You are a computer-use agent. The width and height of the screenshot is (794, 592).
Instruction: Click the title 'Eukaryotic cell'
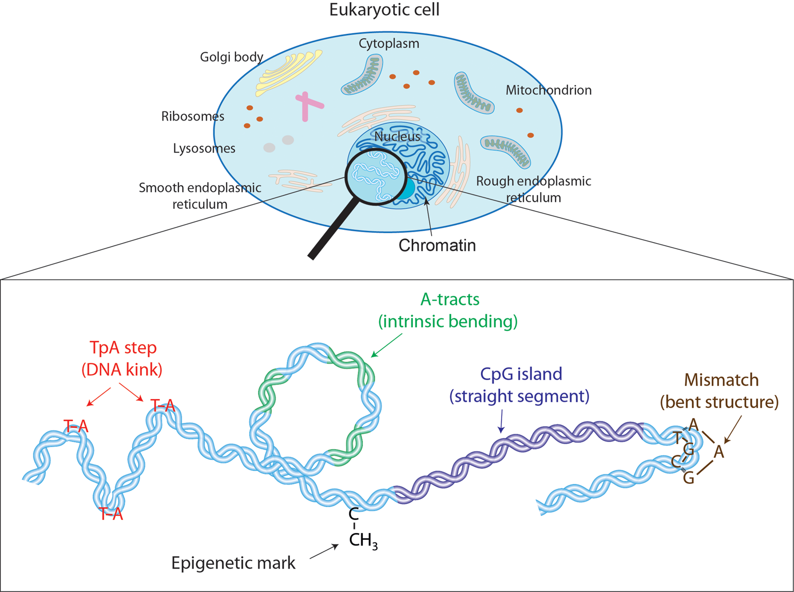point(384,10)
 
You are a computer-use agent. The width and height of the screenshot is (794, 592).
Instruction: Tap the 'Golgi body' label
point(231,57)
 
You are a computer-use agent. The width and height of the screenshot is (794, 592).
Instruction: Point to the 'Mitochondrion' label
point(548,90)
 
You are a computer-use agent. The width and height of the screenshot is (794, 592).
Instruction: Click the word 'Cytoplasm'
point(389,44)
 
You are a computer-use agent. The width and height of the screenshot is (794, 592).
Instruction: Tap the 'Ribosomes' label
point(193,117)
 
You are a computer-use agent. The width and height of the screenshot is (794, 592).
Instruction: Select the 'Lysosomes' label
point(204,148)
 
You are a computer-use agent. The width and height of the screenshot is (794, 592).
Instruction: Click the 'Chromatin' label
point(437,245)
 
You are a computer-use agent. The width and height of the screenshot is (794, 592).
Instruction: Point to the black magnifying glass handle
point(332,228)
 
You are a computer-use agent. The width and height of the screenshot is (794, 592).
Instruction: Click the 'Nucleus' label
point(397,136)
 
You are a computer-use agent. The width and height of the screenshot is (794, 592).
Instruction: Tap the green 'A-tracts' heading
point(450,300)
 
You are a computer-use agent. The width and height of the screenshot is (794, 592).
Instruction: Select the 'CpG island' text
point(521,374)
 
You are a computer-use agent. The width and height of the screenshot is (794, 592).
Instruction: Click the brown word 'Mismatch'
point(721,380)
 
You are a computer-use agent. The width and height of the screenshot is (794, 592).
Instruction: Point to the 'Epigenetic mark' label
point(233,563)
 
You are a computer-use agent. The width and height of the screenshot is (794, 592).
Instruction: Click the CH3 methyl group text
point(363,540)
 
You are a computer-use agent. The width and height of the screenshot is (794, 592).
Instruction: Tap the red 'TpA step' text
point(123,348)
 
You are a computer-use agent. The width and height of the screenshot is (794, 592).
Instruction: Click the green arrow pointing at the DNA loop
point(387,345)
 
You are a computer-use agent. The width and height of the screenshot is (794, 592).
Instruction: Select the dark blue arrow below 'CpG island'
point(501,421)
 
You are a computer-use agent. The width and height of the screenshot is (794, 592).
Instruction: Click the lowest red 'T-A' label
point(111,514)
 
